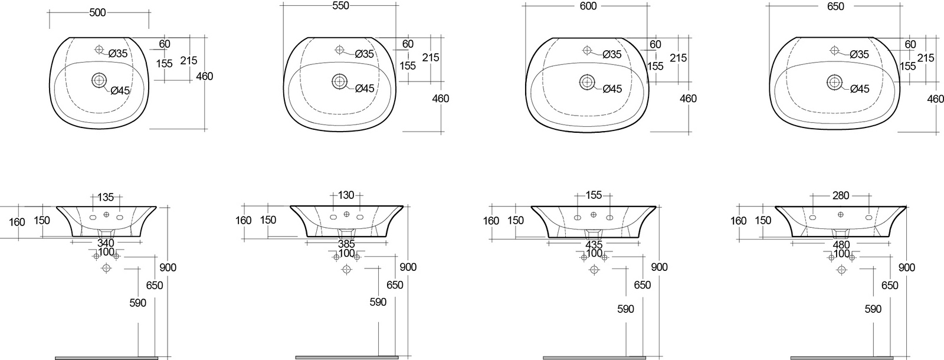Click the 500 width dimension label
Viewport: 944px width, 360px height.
coord(97,12)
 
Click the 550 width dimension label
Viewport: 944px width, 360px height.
coord(340,5)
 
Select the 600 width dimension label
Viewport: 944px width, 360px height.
coord(588,6)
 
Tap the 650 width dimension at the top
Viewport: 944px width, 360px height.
coord(835,6)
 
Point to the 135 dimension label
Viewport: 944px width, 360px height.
coord(106,197)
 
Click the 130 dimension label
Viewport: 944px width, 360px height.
coord(346,195)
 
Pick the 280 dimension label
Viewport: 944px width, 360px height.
coord(841,195)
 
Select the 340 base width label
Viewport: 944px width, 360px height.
coord(106,243)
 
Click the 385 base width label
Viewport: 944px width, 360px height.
coord(346,244)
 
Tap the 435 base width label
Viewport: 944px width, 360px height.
coord(594,244)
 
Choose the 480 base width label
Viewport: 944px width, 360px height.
coord(841,244)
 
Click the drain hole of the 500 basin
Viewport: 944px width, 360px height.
coord(99,80)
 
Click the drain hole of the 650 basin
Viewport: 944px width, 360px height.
coord(834,82)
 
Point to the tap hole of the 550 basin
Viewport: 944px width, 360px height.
coord(340,50)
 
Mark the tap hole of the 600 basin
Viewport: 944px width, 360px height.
coord(587,51)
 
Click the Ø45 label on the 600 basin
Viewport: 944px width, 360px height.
coord(612,89)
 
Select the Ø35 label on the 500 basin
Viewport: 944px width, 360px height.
coord(118,54)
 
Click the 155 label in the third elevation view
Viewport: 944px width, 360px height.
coord(594,195)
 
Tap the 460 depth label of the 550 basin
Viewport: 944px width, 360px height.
coord(441,99)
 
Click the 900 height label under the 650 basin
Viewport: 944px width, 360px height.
coord(907,267)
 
